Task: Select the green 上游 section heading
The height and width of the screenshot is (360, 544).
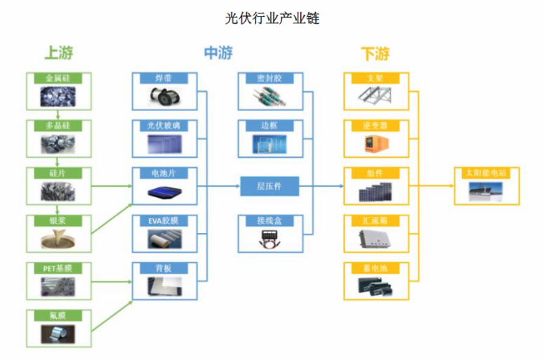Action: point(58,53)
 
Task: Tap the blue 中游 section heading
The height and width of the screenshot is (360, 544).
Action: point(218,53)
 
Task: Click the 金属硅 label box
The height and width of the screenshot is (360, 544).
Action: point(58,77)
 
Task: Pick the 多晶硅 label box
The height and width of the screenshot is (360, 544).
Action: point(58,126)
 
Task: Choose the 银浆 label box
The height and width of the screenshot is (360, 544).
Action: point(58,220)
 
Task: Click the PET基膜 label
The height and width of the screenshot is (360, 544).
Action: point(58,268)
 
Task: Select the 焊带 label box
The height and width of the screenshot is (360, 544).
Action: point(165,77)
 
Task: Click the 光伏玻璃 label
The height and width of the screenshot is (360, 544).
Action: point(165,126)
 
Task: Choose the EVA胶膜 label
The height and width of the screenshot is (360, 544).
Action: point(165,220)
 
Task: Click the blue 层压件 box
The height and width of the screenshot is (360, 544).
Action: point(270,186)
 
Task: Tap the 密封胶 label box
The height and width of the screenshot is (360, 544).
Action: point(270,77)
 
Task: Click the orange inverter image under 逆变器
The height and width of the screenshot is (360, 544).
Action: point(376,145)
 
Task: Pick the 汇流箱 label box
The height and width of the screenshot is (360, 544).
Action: point(376,220)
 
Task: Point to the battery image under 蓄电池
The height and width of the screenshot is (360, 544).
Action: point(376,286)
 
